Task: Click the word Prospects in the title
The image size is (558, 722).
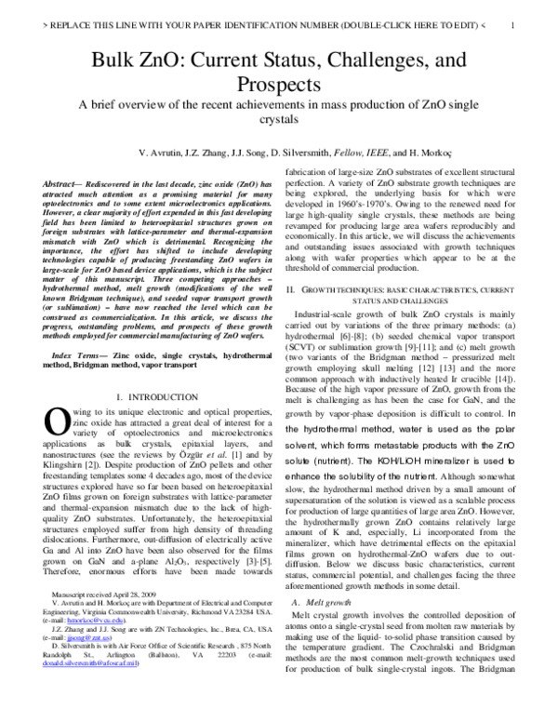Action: point(278,85)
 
